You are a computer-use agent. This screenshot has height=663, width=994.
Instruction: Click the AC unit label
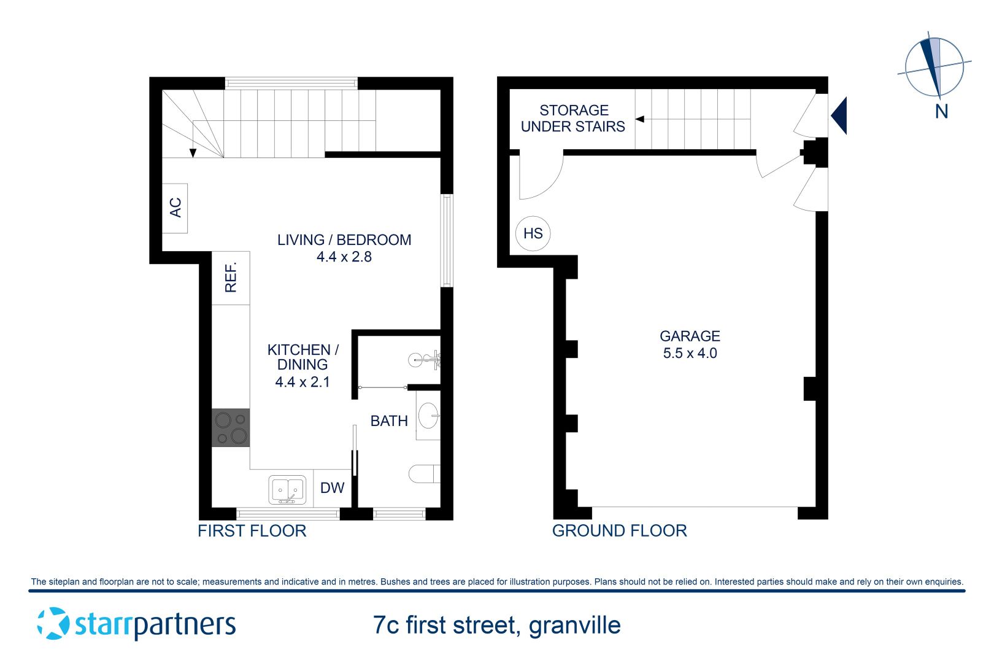[x=175, y=207]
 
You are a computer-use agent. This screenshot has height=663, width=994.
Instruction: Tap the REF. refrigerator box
[x=231, y=277]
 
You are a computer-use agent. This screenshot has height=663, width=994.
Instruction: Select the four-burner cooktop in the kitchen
[x=231, y=427]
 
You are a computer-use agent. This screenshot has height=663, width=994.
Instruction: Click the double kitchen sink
[x=287, y=490]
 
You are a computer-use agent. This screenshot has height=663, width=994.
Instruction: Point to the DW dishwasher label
[x=332, y=488]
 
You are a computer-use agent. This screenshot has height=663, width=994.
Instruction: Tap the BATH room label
[x=389, y=421]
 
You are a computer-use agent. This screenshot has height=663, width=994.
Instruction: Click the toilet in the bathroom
[x=423, y=473]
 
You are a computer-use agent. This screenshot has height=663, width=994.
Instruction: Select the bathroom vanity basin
[x=428, y=416]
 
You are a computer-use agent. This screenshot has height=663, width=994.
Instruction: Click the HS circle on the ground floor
[x=533, y=233]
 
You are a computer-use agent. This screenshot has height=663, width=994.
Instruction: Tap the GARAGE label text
[x=690, y=336]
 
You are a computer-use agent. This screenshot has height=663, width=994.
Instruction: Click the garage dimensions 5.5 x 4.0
[x=690, y=353]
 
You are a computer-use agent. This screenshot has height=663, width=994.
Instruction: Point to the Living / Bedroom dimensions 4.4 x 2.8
[x=344, y=257]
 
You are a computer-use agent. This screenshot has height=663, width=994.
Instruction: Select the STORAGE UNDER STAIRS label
[x=573, y=118]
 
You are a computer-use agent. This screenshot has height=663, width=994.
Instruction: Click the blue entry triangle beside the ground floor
[x=841, y=115]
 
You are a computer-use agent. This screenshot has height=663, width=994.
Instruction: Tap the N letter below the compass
[x=941, y=112]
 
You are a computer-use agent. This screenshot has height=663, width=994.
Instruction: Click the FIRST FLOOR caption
[x=252, y=531]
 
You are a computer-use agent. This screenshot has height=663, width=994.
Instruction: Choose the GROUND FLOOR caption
[x=619, y=531]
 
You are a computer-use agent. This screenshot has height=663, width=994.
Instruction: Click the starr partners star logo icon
[x=53, y=623]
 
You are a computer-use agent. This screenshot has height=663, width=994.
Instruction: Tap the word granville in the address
[x=574, y=626]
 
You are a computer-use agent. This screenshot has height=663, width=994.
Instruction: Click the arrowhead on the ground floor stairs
[x=639, y=119]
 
